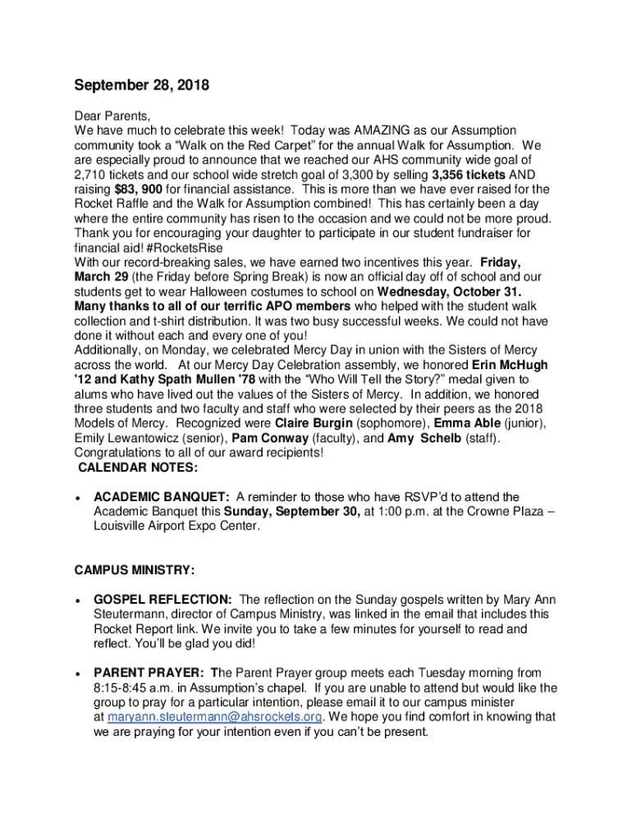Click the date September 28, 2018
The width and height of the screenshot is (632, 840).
click(142, 85)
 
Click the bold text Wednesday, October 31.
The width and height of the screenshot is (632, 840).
click(450, 292)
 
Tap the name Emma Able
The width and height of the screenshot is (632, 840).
click(465, 423)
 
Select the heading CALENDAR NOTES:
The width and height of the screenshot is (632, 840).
click(137, 468)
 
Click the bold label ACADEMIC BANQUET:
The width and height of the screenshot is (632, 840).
click(162, 497)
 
